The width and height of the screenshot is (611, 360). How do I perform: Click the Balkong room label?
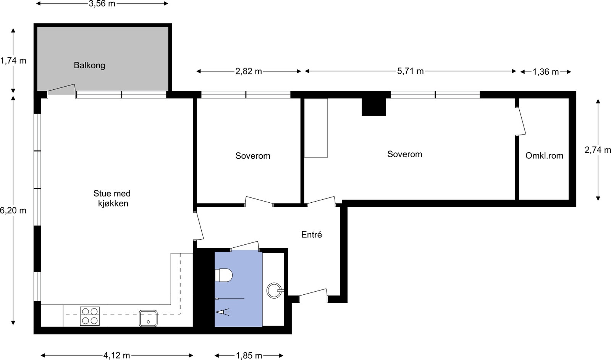[x=89, y=65]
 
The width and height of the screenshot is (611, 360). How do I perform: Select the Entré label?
[x=311, y=235]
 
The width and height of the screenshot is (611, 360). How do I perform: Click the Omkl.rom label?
[x=544, y=155]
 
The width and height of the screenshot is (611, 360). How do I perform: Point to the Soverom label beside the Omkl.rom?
[x=404, y=154]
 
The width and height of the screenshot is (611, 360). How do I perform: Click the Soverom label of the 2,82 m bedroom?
[x=252, y=156]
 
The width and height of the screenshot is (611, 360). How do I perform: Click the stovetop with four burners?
[x=90, y=316]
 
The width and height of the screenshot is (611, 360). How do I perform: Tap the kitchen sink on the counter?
[x=148, y=318]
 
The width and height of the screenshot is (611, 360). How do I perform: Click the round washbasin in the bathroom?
[x=274, y=291]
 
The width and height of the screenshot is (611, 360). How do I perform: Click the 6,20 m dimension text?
[x=13, y=210]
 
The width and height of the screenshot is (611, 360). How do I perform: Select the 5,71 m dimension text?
[x=410, y=71]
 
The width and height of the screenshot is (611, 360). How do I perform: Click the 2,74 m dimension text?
[x=598, y=150]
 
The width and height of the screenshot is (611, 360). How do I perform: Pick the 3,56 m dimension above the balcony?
[x=102, y=4]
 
